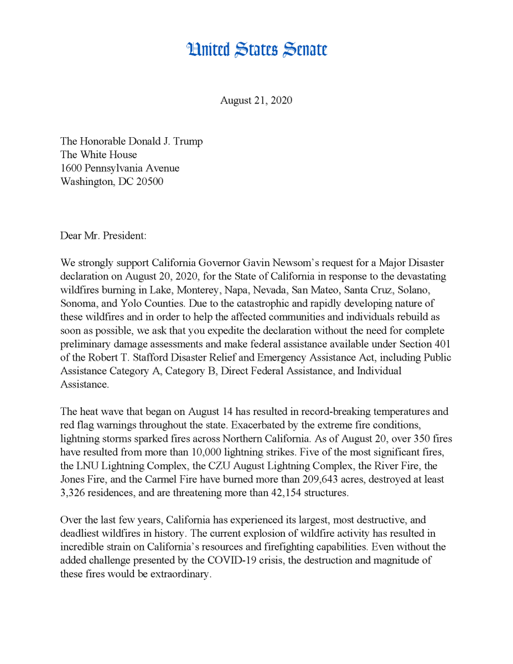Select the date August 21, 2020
point(256,100)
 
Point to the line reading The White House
point(99,155)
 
